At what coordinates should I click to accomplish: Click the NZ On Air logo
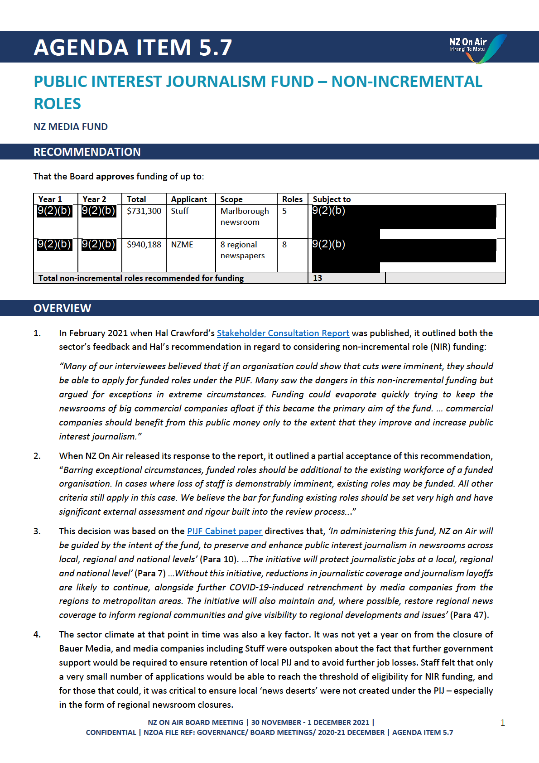(x=476, y=48)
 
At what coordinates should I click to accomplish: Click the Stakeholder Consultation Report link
(x=283, y=333)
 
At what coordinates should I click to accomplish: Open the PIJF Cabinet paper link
(x=224, y=531)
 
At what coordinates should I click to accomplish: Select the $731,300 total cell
(x=144, y=211)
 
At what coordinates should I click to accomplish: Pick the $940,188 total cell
(x=144, y=245)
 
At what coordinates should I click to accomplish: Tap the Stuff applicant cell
(x=180, y=211)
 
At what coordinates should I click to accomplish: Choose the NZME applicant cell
(x=182, y=245)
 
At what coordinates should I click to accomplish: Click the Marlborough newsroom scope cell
(x=245, y=217)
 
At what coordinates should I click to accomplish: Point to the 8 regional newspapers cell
(x=243, y=250)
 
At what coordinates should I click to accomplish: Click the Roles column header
(x=292, y=199)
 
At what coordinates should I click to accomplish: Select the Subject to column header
(x=332, y=199)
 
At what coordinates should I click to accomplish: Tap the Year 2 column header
(x=94, y=199)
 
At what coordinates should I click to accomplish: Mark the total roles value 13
(x=318, y=278)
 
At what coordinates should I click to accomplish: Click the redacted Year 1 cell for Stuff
(x=54, y=211)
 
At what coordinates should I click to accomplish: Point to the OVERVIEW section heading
(x=63, y=308)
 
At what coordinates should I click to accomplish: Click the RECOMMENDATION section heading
(x=87, y=152)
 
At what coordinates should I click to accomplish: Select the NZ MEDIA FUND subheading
(x=71, y=127)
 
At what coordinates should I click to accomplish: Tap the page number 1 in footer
(x=502, y=723)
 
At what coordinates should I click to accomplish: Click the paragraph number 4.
(x=37, y=634)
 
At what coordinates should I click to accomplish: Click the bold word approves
(x=115, y=176)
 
